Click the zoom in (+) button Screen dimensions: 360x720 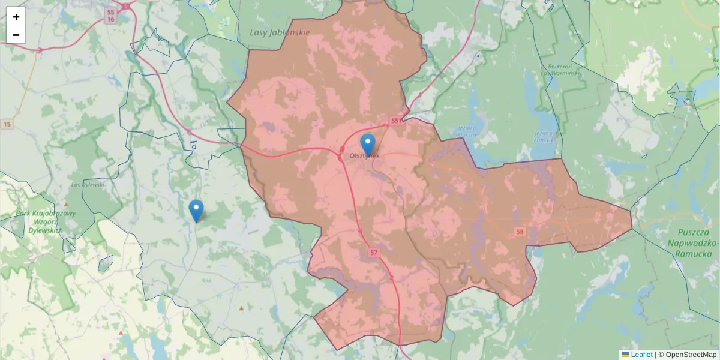point(16,17)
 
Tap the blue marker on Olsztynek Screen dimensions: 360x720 point(368,145)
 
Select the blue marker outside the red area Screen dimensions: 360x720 point(196,211)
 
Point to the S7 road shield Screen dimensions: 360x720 point(374,253)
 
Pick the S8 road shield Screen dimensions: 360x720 point(520,231)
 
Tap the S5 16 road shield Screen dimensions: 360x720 point(110,16)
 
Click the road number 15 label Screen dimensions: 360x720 point(7,124)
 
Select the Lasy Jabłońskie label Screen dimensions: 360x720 point(280,32)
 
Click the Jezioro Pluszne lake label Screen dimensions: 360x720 point(467,131)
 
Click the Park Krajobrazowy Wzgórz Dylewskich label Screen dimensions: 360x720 point(46,222)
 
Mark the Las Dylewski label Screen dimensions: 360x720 point(88,184)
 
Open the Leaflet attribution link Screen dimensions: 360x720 point(641,355)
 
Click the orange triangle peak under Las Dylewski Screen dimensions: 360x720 point(66,204)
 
